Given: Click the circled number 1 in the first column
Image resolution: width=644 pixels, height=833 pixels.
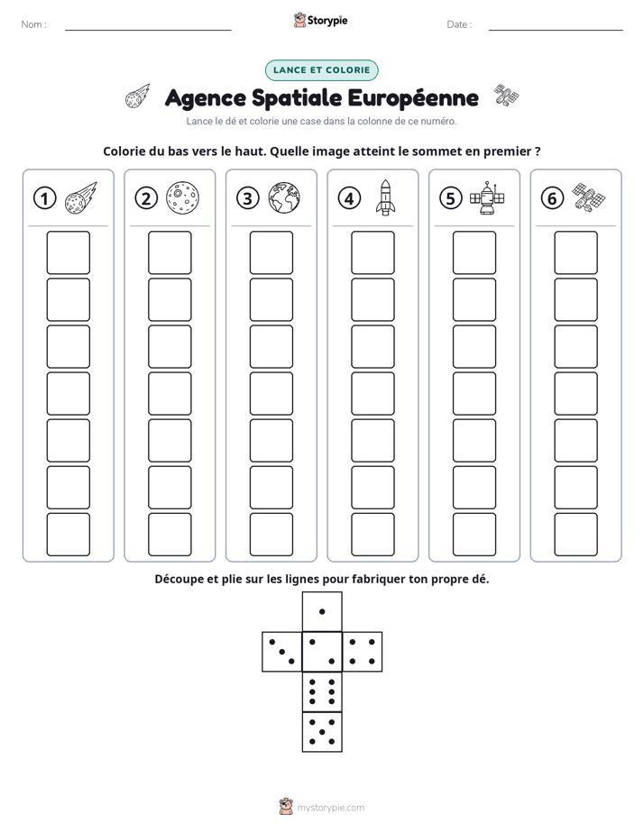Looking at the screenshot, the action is (44, 198).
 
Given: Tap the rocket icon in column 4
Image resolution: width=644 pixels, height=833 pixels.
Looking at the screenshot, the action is (385, 197).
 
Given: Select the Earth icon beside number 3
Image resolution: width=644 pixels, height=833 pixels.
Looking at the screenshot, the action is (284, 198).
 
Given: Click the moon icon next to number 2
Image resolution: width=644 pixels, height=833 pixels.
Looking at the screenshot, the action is (183, 198).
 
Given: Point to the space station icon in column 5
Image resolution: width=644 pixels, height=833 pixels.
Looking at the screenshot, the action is (487, 198).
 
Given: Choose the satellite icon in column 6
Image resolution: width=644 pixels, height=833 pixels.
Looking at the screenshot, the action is (589, 197).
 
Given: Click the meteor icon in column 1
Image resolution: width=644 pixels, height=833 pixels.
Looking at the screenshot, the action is (81, 197).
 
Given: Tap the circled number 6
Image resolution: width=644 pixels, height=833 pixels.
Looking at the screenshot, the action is (552, 198).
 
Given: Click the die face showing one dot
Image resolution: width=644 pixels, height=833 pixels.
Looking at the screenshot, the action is (322, 611).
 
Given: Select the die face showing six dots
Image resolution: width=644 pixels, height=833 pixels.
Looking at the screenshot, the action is (322, 691).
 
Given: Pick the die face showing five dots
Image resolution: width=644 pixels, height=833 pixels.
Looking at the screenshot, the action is (322, 731).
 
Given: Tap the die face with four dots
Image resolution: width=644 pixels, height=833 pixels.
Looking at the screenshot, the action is (363, 652).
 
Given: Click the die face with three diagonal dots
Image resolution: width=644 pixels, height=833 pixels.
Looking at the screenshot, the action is (282, 652).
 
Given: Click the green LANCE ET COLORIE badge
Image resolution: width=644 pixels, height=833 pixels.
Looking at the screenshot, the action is (321, 70).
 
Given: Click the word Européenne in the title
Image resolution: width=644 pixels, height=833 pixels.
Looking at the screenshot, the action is (413, 98).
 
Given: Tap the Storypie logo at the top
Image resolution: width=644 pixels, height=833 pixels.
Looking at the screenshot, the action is (321, 20).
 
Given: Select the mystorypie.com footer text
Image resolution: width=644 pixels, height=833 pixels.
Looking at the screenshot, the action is (330, 808).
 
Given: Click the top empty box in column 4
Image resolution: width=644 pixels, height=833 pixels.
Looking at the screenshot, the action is (373, 252).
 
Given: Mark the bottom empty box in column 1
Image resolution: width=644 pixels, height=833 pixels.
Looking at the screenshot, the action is (68, 534).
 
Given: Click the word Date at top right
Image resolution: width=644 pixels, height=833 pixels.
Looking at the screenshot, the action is (457, 24).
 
